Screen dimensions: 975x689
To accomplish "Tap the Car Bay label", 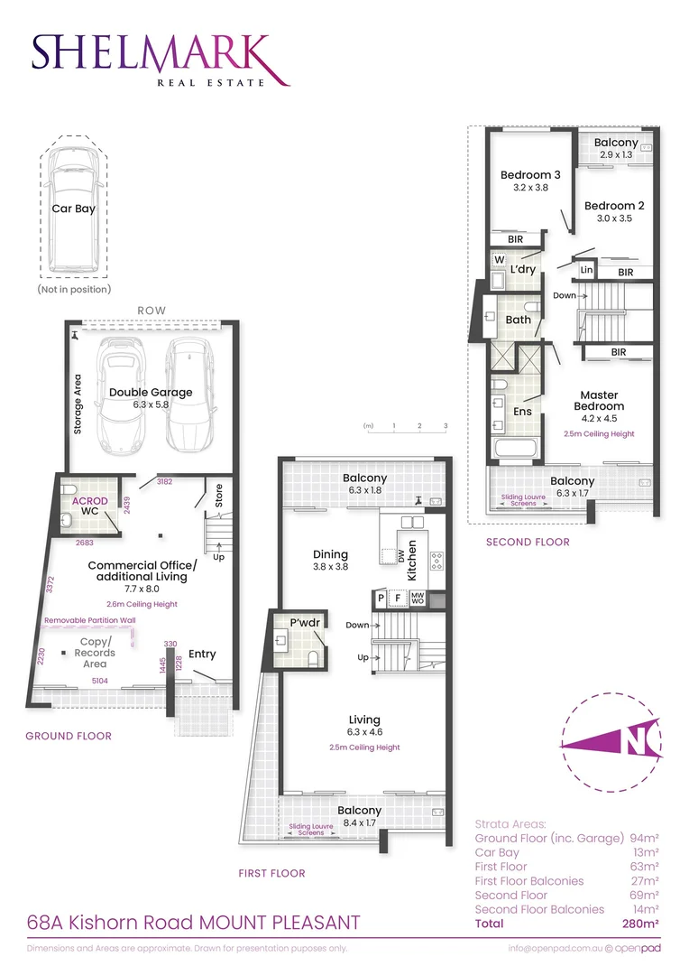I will (73, 209).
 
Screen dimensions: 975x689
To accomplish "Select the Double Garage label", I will (151, 392).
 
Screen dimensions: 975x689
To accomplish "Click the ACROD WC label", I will (90, 506).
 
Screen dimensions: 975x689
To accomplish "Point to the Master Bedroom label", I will (599, 401).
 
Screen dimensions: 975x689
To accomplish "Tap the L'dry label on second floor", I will (523, 270).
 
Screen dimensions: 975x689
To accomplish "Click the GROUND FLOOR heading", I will (69, 736).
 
